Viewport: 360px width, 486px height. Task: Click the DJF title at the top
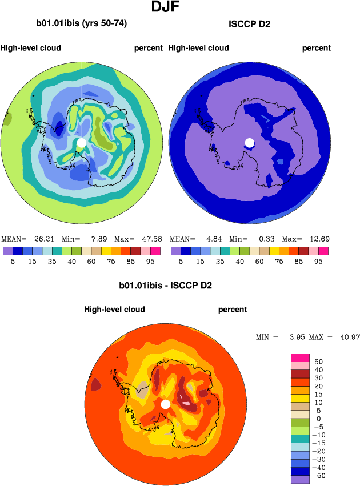(168, 7)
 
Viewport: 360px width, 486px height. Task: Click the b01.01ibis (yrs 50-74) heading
(81, 23)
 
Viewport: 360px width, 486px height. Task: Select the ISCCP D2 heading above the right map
(249, 24)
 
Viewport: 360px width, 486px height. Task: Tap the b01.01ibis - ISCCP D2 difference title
(165, 285)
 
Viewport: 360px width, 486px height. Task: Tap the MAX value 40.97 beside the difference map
(347, 338)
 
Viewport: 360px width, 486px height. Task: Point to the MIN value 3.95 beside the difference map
(292, 338)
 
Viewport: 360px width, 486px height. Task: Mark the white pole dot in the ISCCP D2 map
(249, 142)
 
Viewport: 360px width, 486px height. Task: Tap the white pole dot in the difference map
(165, 404)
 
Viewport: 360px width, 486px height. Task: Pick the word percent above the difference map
(233, 310)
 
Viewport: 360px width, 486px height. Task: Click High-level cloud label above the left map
(31, 48)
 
